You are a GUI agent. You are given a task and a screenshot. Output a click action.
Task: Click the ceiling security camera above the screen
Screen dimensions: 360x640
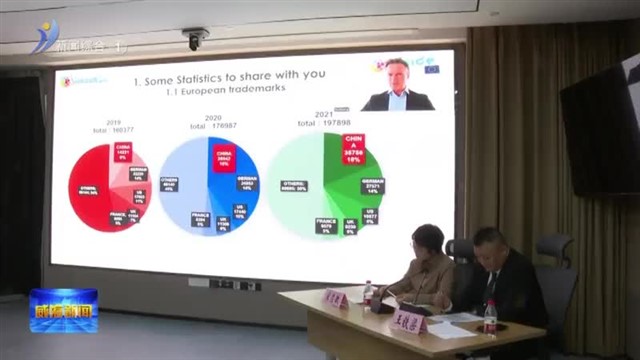coord(193,39)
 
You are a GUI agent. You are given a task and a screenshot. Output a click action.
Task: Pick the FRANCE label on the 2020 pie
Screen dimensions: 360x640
coord(200,222)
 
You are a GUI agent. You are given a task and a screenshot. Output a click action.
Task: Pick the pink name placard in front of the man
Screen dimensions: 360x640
coord(410,325)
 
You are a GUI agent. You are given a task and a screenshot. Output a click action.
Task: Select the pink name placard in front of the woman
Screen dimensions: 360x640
coord(336,300)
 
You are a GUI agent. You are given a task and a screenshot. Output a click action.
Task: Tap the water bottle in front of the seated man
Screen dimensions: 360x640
coord(490,317)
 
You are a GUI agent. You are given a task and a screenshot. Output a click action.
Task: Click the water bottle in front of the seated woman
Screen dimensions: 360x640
coord(367,294)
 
